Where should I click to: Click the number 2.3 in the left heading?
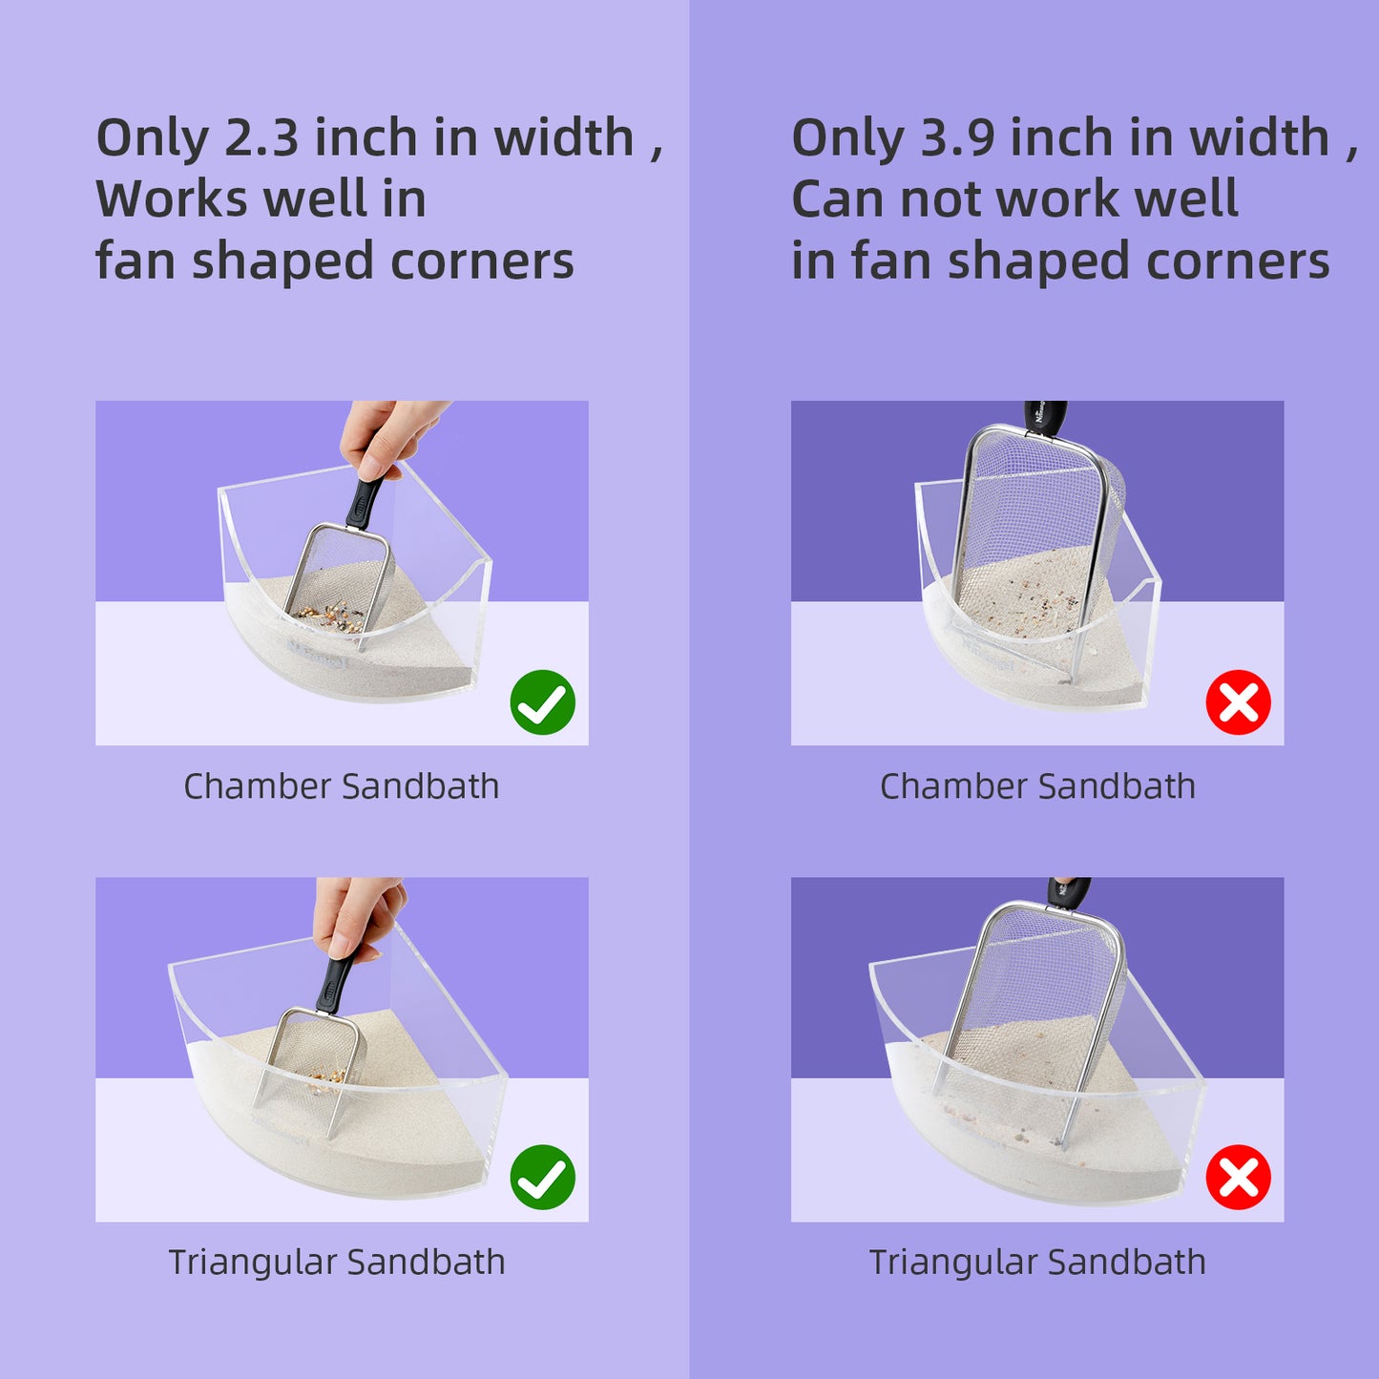[261, 137]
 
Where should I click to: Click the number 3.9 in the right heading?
[957, 137]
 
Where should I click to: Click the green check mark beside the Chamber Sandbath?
[542, 702]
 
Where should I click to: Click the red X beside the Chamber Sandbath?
[1238, 702]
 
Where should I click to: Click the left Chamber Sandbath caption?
[342, 786]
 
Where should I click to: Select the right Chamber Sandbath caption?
[1037, 786]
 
